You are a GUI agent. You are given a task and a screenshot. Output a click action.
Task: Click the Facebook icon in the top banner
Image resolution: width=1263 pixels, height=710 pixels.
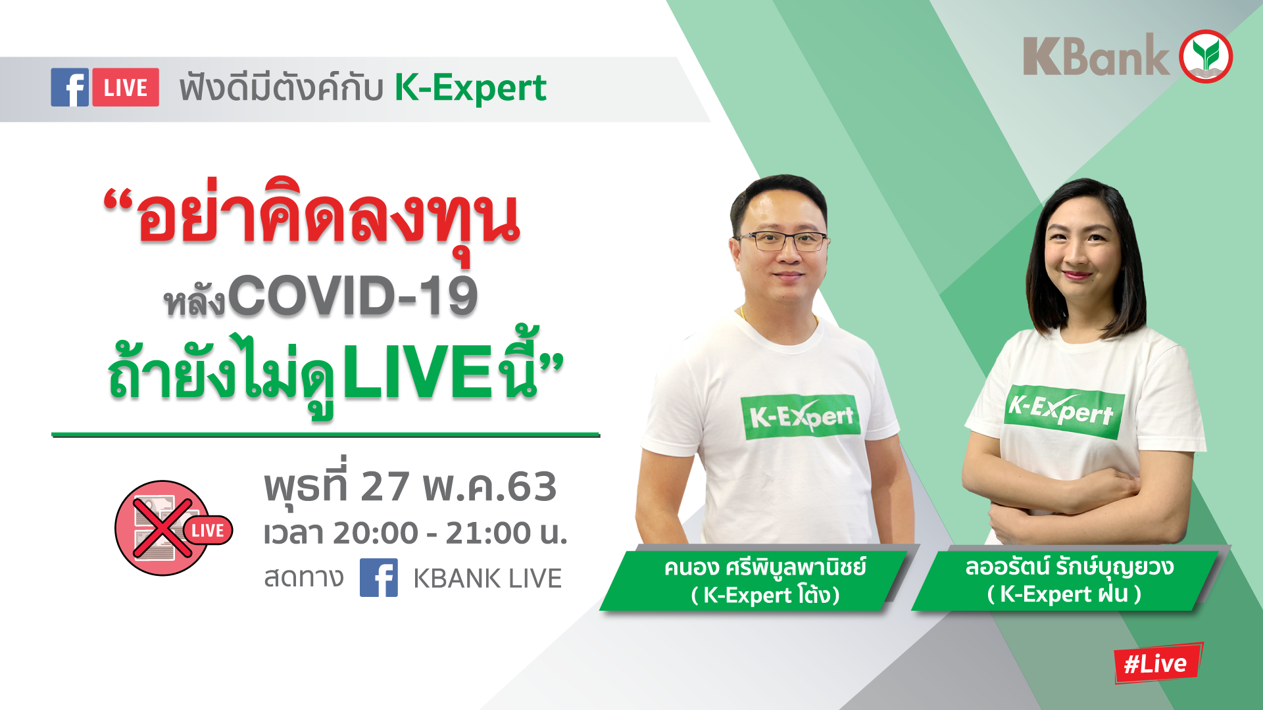pyautogui.click(x=70, y=87)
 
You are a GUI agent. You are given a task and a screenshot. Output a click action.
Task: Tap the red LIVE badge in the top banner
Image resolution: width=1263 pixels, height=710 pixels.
pyautogui.click(x=126, y=87)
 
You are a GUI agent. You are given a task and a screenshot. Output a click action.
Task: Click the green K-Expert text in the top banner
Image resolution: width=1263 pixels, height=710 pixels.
pyautogui.click(x=470, y=88)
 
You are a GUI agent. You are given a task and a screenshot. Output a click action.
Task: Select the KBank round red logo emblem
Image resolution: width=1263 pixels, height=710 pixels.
pyautogui.click(x=1206, y=57)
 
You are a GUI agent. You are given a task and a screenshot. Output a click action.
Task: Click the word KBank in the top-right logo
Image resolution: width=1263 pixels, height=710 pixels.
pyautogui.click(x=1096, y=57)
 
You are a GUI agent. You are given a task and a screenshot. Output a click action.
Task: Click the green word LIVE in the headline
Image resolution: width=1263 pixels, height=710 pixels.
pyautogui.click(x=417, y=373)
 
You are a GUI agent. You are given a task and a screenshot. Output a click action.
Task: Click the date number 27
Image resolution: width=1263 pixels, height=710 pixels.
pyautogui.click(x=385, y=487)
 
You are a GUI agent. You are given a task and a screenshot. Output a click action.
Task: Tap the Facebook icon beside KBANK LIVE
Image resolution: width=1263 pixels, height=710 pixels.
pyautogui.click(x=379, y=578)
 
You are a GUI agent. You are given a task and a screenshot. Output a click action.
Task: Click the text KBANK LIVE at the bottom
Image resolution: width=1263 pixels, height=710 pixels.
pyautogui.click(x=487, y=579)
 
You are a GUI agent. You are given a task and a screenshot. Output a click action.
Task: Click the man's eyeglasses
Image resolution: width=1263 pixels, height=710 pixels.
pyautogui.click(x=783, y=241)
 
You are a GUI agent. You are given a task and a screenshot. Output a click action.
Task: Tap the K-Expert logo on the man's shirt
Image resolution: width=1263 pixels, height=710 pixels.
pyautogui.click(x=801, y=417)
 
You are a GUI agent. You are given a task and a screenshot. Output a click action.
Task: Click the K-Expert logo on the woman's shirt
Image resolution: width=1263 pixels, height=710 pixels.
pyautogui.click(x=1064, y=412)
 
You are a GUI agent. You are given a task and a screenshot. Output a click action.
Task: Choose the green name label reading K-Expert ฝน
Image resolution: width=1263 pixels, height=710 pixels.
pyautogui.click(x=1067, y=580)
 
